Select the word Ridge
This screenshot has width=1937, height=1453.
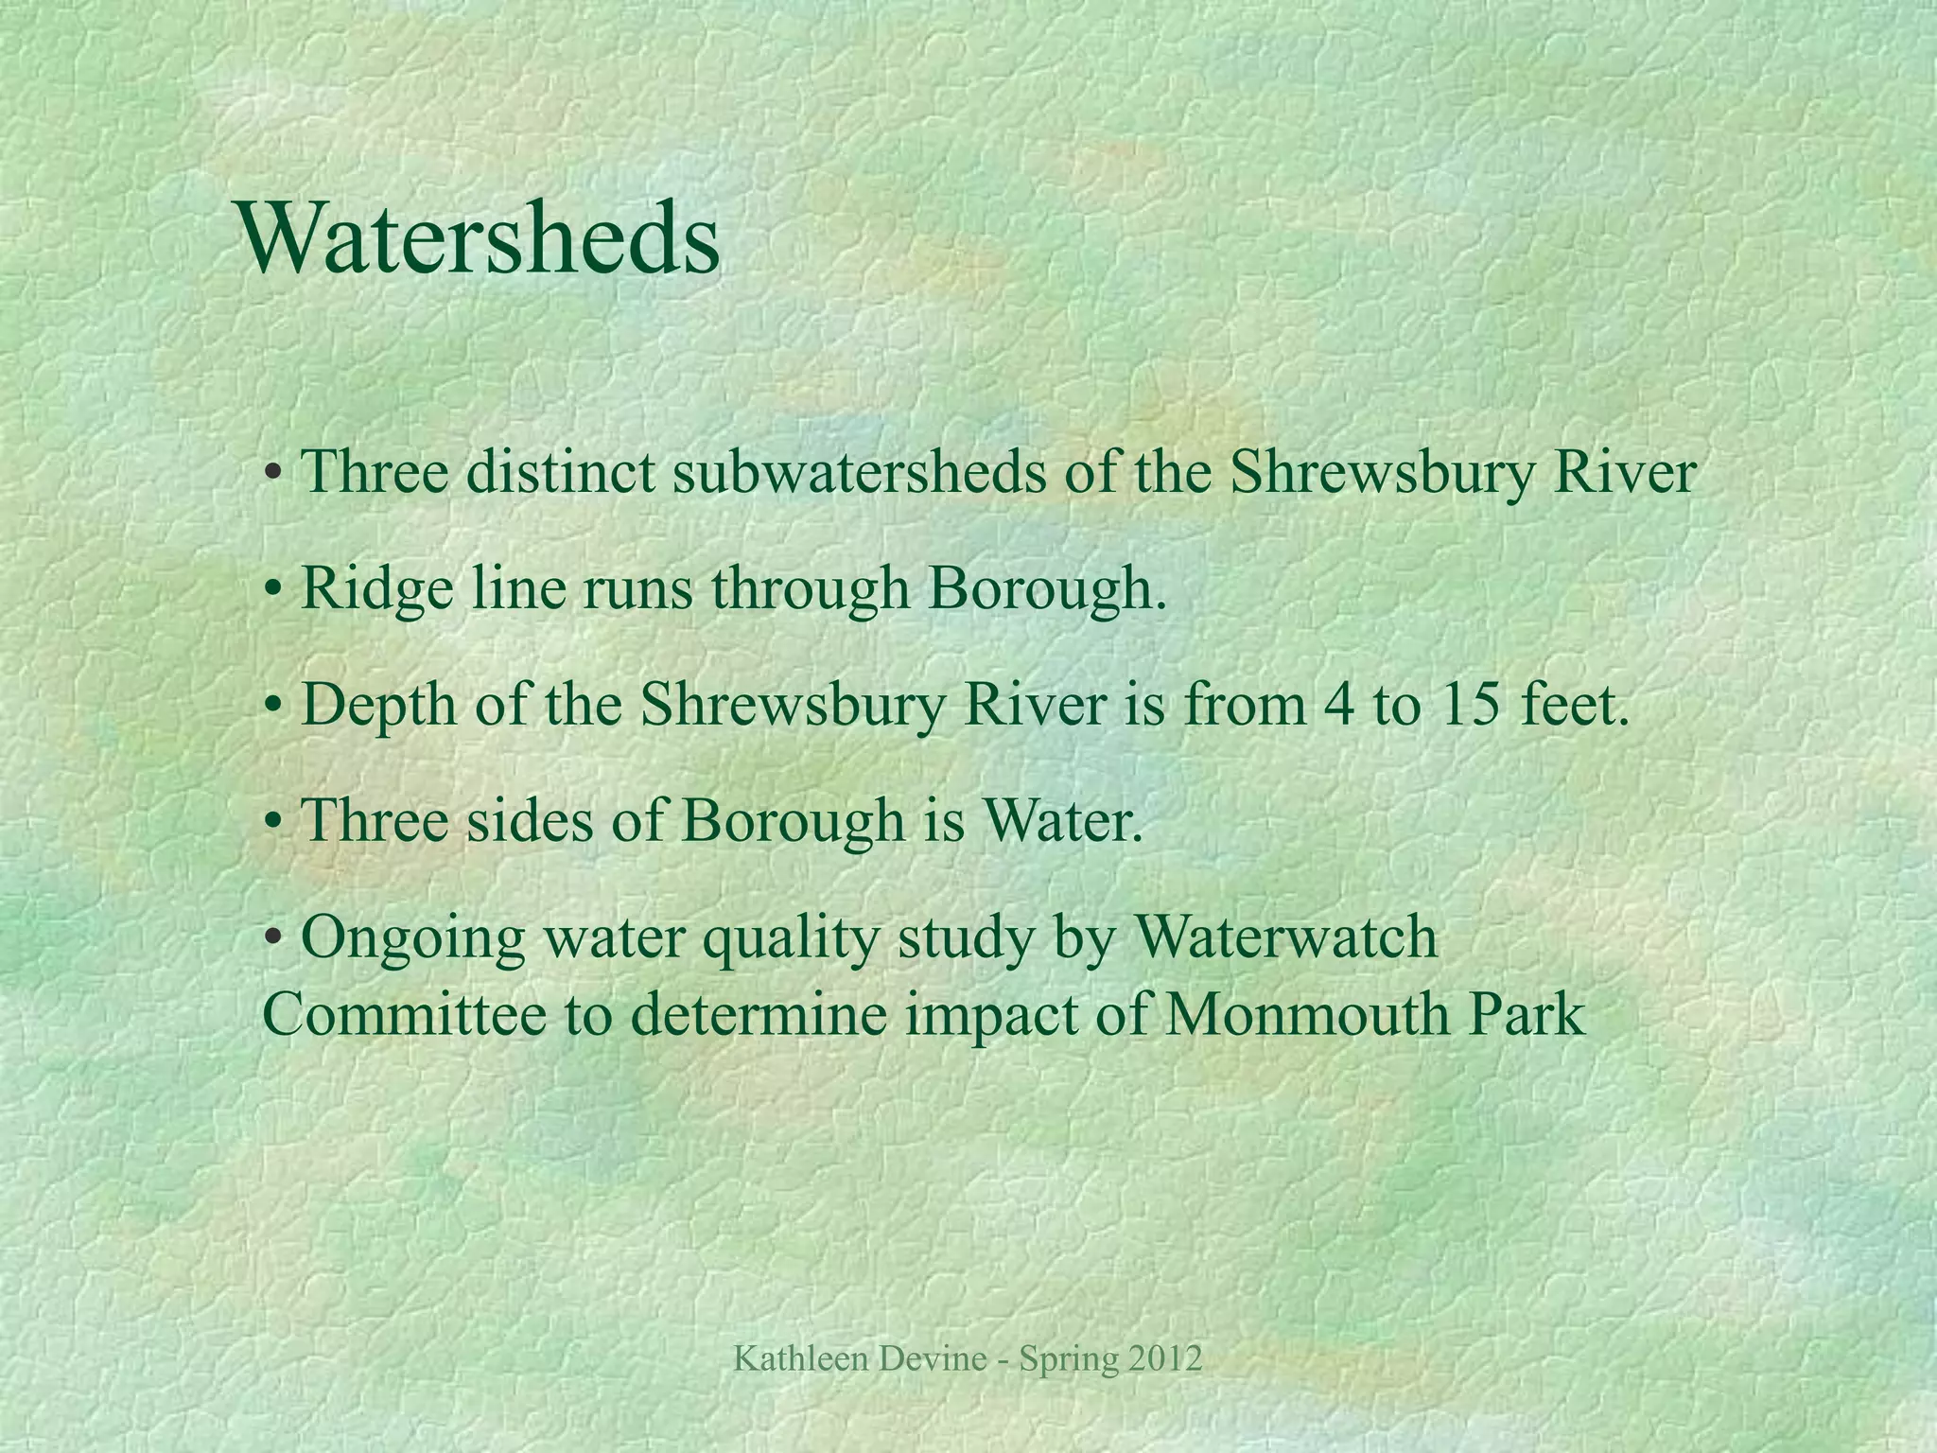(x=376, y=589)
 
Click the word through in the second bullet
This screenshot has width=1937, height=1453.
(x=810, y=589)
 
